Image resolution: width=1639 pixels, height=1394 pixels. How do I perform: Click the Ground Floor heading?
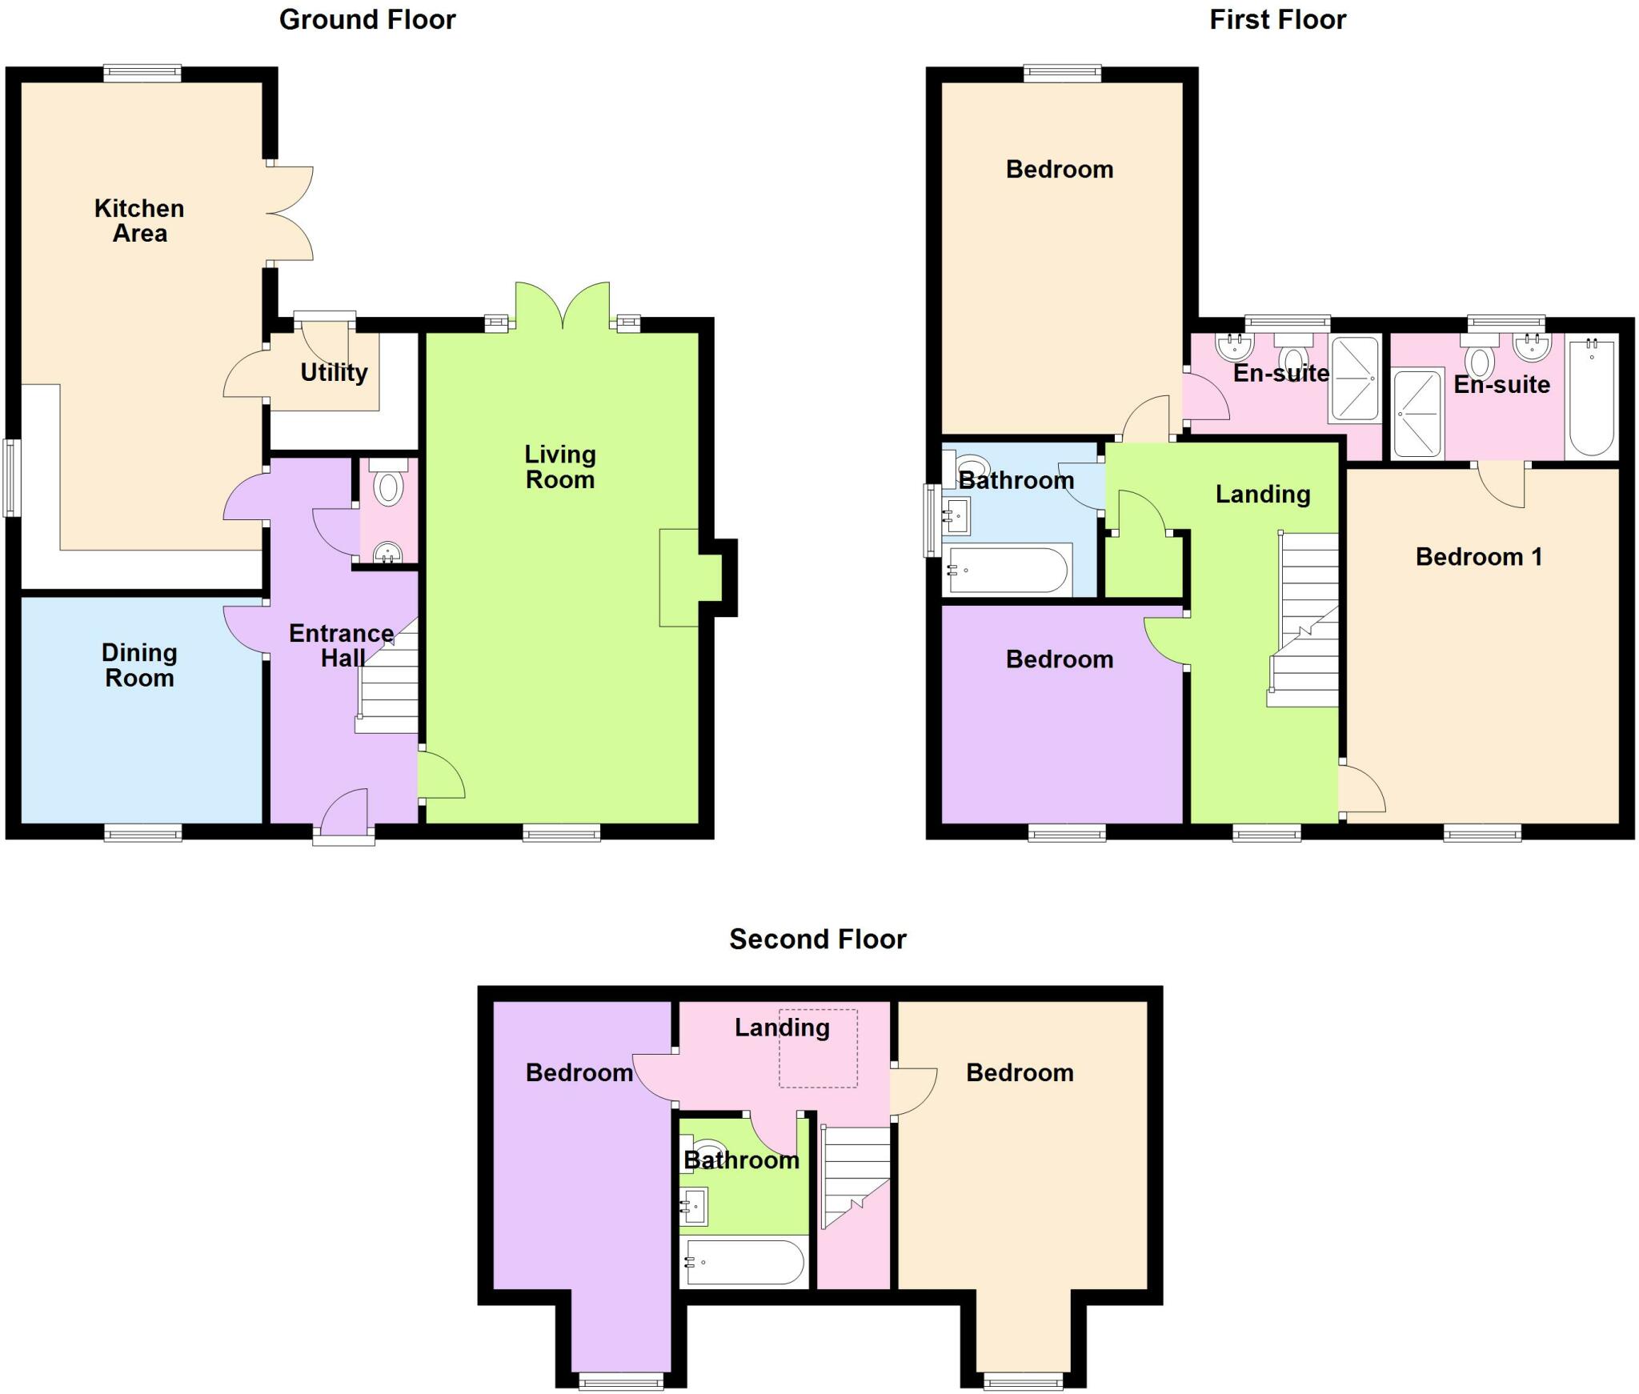[367, 19]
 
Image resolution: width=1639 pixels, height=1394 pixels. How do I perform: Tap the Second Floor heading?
[817, 939]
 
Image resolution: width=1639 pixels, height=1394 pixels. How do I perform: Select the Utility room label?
[334, 372]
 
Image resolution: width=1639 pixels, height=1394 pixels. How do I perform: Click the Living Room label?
[560, 467]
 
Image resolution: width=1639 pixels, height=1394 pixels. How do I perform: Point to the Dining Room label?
[139, 665]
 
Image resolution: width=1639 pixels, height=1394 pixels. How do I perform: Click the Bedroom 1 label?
[1479, 556]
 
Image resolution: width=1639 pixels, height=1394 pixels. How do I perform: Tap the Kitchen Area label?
[139, 221]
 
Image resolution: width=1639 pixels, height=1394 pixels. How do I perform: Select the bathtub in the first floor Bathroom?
[1007, 570]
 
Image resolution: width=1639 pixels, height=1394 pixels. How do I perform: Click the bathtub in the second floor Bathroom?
[743, 1262]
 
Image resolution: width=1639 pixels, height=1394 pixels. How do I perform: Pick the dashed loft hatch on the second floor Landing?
[818, 1048]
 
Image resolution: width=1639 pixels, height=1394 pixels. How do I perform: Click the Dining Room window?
[143, 834]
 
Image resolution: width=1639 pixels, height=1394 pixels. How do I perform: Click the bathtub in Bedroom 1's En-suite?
[1592, 398]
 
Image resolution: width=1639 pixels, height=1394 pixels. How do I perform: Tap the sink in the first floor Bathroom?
[956, 515]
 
